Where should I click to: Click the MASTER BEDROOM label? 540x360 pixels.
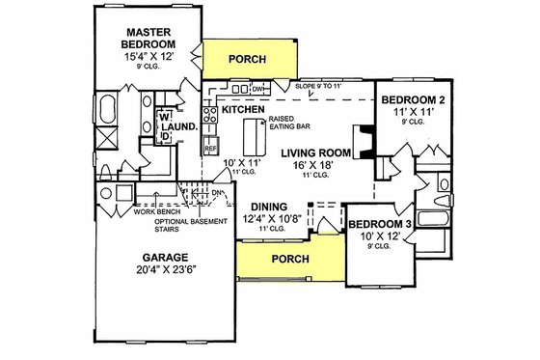(147, 36)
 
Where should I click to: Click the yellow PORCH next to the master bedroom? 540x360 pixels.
(246, 58)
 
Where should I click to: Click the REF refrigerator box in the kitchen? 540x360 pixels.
(211, 149)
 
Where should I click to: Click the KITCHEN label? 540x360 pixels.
(242, 110)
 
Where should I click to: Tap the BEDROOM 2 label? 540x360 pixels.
(413, 100)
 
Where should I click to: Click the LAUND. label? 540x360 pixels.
(186, 125)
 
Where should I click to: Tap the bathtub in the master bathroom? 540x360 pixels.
(108, 106)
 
